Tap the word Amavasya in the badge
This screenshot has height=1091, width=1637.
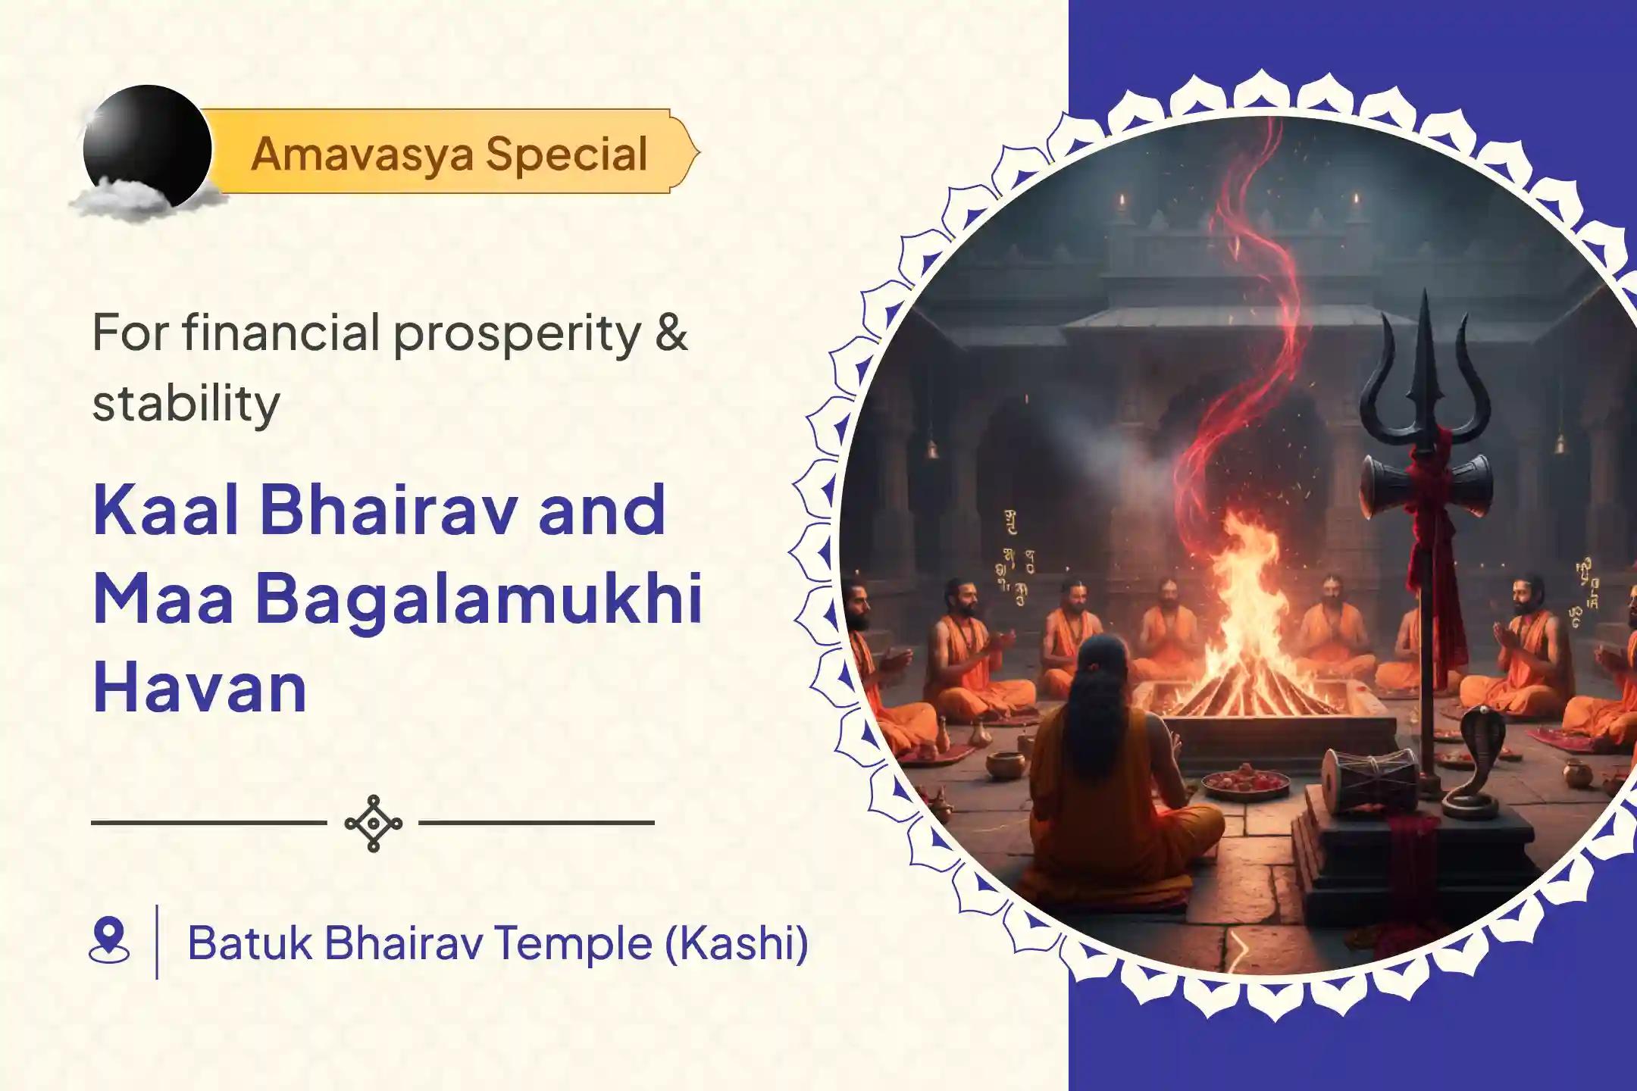362,155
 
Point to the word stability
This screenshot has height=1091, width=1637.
186,403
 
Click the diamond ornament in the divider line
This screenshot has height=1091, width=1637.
373,823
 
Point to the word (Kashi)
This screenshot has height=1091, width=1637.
736,943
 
